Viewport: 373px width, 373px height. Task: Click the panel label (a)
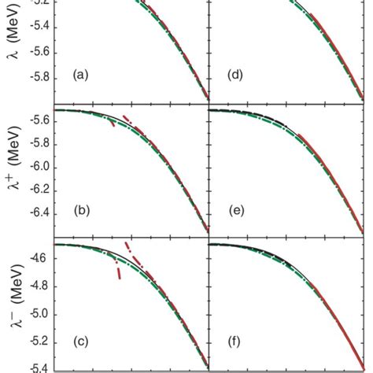80,76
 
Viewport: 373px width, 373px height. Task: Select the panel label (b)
80,212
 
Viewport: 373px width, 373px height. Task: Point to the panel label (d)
235,76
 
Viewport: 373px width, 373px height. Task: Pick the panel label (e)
235,212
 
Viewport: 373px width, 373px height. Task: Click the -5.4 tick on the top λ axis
35,26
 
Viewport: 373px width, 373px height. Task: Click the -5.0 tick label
35,314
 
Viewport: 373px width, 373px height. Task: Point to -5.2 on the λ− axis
35,342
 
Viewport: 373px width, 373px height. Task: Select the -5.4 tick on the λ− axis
35,368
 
